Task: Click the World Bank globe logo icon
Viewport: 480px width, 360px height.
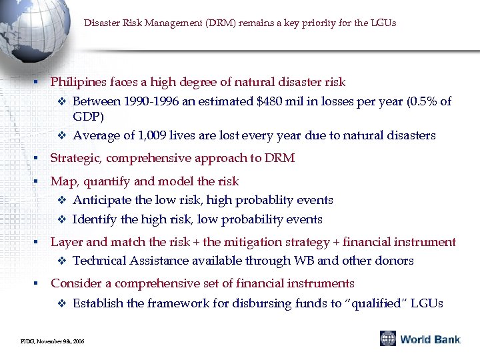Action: [388, 339]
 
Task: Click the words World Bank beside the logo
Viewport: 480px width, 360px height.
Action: [430, 339]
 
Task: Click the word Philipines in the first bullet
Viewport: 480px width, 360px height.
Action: [79, 82]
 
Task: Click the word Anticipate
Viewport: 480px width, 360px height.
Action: [101, 200]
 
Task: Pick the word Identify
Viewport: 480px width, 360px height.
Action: [94, 219]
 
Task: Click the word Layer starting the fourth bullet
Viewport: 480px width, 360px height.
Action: [65, 242]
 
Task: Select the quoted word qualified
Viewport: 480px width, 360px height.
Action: [372, 303]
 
